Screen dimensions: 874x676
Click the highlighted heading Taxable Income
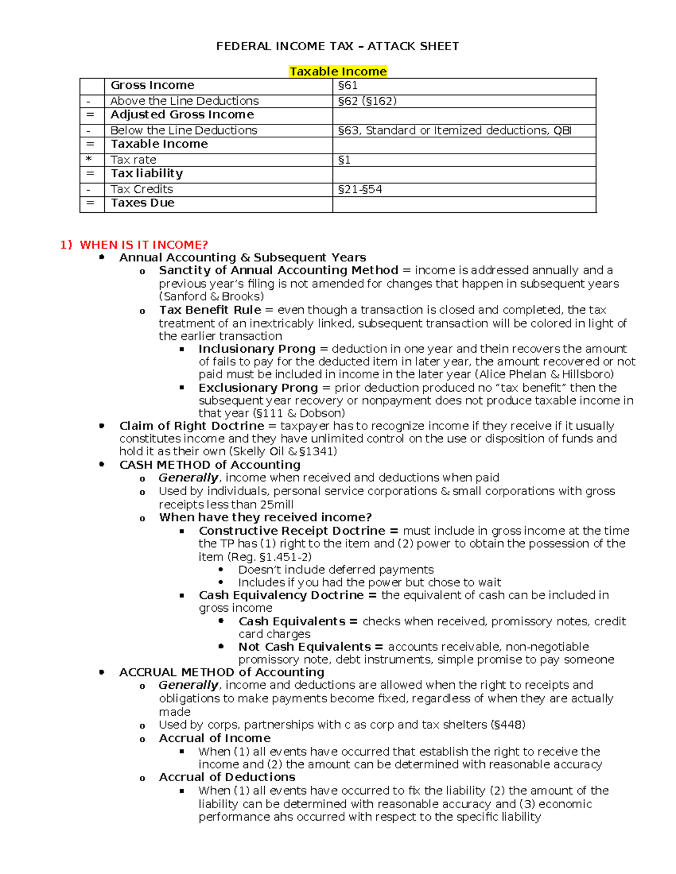click(337, 71)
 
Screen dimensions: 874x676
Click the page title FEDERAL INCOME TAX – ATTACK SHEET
click(337, 46)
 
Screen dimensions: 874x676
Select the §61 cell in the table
click(348, 86)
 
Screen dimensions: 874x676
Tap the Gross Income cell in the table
click(152, 86)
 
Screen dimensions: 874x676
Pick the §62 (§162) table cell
click(367, 101)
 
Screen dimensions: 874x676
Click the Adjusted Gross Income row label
click(182, 115)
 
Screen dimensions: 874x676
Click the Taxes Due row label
click(143, 203)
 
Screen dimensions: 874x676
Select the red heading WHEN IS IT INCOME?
click(144, 245)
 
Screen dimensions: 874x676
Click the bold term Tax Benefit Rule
click(210, 310)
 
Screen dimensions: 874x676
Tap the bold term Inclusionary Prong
click(256, 349)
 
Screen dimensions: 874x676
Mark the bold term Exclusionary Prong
click(258, 388)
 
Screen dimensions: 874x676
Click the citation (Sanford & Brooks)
click(211, 297)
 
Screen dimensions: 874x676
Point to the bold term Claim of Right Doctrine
click(192, 426)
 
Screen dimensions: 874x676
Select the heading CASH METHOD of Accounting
click(210, 465)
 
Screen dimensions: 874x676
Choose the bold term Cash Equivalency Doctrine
click(281, 595)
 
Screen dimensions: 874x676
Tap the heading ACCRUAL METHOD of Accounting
click(221, 673)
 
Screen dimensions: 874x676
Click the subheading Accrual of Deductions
click(227, 777)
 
